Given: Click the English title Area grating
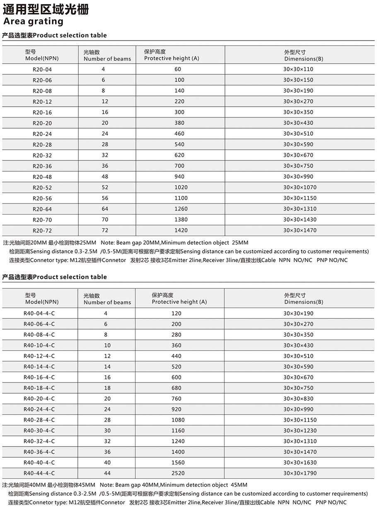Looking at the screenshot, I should pos(33,21).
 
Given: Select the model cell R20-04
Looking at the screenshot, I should pos(42,69).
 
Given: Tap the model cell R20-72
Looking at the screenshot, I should pos(42,231).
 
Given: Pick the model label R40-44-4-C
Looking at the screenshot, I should pos(39,473).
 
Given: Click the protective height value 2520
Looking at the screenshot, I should pos(178,473).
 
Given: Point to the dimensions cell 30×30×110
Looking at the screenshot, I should pos(298,69).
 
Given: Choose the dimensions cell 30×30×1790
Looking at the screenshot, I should pos(300,473).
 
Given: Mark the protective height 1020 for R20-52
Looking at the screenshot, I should pos(181,187).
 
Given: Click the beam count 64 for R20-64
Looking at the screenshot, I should pos(105,209).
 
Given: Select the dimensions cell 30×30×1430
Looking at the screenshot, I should pos(300,220).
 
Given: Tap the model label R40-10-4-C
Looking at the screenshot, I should pos(39,345).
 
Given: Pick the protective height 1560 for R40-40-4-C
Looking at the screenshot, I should pos(178,462).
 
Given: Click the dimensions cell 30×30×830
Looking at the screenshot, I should pos(298,399).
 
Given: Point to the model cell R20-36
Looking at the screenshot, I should pos(42,166).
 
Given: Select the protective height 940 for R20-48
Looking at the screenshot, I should pos(181,177).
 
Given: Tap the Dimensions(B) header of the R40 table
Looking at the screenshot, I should pos(303,302).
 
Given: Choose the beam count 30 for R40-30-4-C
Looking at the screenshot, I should pos(107,430).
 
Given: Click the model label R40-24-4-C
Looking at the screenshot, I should pos(39,409).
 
